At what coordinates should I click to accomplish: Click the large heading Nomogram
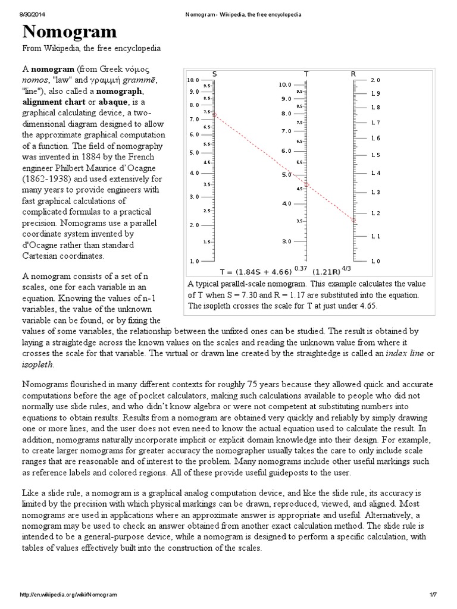coord(70,32)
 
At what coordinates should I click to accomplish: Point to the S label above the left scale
coord(214,74)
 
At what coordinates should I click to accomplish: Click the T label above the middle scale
coord(306,74)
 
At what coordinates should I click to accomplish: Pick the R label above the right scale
coord(353,74)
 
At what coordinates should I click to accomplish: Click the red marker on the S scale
coord(214,114)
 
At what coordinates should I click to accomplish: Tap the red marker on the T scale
coord(306,184)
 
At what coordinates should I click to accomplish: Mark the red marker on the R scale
coord(353,220)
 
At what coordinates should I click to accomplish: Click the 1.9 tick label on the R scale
coord(375,94)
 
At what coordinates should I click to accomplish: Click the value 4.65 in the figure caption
coord(365,306)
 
